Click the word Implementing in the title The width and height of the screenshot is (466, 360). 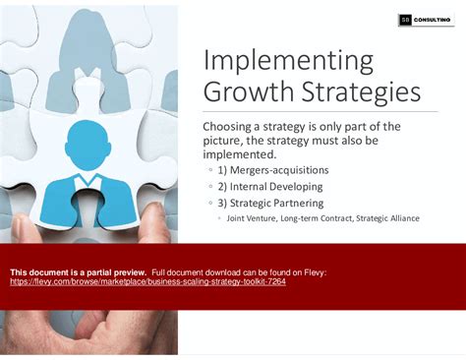288,61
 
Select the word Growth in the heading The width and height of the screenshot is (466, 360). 243,93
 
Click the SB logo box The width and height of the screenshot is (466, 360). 405,20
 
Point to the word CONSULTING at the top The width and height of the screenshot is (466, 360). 433,20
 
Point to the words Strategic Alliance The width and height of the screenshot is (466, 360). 387,218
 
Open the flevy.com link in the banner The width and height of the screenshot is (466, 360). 147,280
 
